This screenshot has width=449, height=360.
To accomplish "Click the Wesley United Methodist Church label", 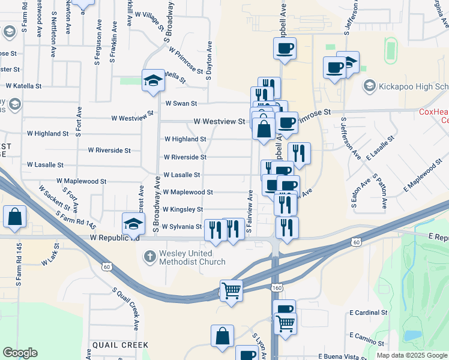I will point(192,257).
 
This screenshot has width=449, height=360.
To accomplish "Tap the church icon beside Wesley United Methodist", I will point(150,257).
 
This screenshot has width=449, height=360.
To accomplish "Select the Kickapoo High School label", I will point(414,87).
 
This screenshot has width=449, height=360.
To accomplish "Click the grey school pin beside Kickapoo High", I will point(369,86).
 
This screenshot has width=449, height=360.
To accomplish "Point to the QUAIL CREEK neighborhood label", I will point(120,345).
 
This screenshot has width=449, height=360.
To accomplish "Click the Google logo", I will point(20,353).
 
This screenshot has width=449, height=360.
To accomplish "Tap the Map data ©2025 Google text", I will point(412,355).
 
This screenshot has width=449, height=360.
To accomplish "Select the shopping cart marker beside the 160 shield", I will point(285,324).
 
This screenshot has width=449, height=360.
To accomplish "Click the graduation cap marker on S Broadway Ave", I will point(153,80).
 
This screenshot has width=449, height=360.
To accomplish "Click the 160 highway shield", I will point(276,289).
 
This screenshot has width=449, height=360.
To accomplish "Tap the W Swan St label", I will point(181,103).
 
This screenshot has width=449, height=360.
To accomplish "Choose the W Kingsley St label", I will point(182,209).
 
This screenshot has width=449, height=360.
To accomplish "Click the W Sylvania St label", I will point(182,227).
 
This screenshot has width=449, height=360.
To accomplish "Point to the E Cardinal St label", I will point(369,313).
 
